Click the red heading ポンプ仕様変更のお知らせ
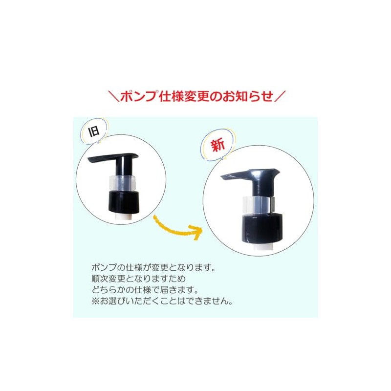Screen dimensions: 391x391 tap(197, 96)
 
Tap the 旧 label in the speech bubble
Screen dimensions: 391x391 tap(94, 131)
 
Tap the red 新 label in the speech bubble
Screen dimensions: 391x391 tap(217, 145)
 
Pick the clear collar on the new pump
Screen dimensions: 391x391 tap(259, 205)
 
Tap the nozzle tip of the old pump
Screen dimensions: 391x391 tap(90, 160)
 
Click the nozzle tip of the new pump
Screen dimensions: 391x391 tap(223, 178)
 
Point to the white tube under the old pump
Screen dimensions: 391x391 tap(124, 217)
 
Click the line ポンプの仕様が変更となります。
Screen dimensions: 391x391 tap(153, 267)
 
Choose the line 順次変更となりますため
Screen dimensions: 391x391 tap(138, 279)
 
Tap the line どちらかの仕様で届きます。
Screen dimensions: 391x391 tap(145, 290)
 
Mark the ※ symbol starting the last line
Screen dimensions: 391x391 tap(95, 301)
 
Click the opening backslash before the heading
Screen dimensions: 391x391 tap(114, 96)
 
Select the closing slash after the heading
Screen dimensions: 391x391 tap(280, 96)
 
